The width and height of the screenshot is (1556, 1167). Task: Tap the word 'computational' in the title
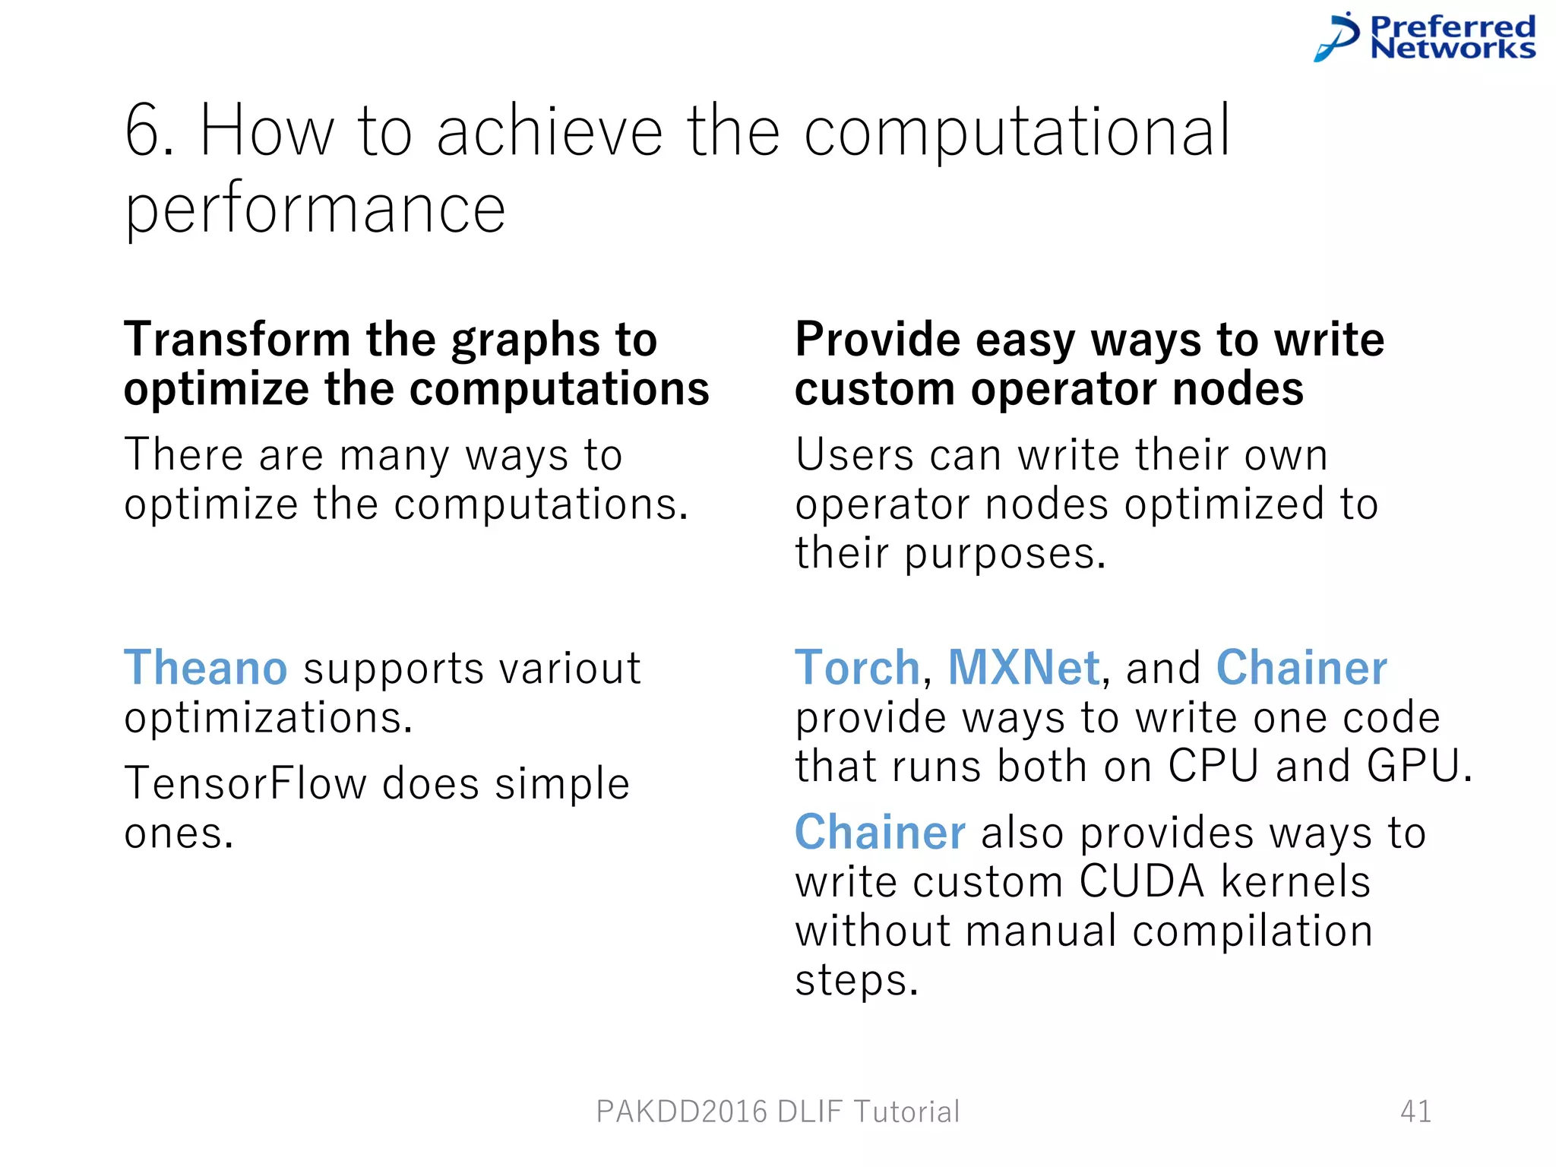[x=1017, y=132]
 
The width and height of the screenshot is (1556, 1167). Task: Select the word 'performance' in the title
[x=315, y=210]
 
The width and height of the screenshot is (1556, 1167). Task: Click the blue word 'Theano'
[x=205, y=668]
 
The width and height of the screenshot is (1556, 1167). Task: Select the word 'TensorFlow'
[x=245, y=783]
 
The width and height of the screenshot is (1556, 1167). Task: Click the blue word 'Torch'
[x=857, y=668]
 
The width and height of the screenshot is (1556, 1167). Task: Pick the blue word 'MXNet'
[x=1023, y=668]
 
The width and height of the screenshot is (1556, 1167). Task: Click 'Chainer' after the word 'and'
[x=1301, y=668]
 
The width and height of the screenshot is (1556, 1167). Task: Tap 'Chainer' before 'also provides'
[x=880, y=832]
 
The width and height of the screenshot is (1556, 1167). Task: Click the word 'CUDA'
[x=1142, y=881]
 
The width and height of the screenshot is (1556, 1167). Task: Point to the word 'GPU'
[x=1412, y=766]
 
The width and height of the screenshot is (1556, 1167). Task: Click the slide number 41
[x=1415, y=1112]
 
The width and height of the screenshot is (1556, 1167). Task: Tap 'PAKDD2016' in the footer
[x=682, y=1112]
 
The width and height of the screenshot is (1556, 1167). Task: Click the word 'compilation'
[x=1252, y=931]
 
